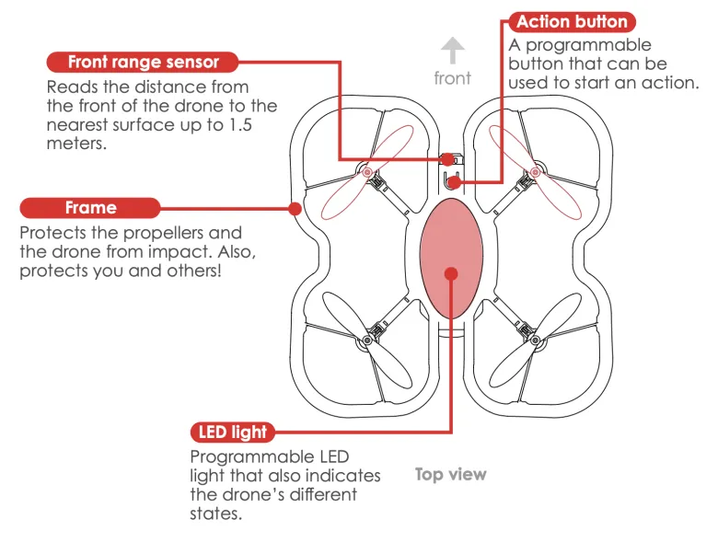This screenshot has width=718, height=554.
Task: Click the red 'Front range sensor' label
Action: coord(144,63)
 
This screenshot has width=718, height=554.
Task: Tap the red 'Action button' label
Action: coord(572,22)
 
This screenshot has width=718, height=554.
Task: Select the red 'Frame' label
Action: coord(90,208)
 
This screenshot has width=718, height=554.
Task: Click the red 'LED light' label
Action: coord(233,432)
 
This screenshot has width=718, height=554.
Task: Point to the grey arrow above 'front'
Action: coord(452,50)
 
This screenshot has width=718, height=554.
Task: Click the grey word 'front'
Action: coord(452,78)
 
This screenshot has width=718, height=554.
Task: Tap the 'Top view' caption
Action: coord(450,475)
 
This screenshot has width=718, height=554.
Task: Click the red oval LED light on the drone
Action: coord(451,248)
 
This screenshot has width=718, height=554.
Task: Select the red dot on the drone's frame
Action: coord(295,208)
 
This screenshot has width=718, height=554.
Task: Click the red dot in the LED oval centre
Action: coord(451,273)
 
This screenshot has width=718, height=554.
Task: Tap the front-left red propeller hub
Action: coord(366,172)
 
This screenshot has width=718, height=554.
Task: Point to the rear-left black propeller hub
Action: coord(366,341)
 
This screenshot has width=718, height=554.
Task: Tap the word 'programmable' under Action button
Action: coord(590,45)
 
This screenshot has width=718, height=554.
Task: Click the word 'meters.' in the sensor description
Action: coord(76,144)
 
